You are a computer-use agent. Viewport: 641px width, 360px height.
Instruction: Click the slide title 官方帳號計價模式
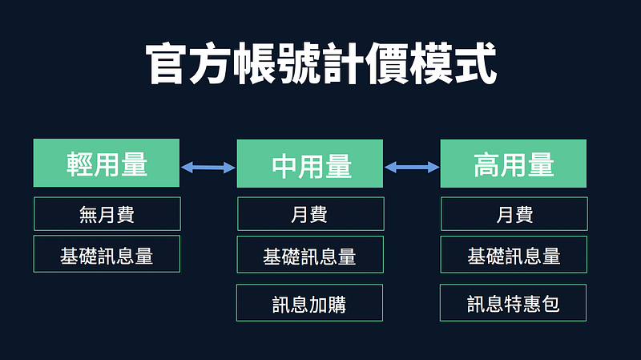(x=321, y=63)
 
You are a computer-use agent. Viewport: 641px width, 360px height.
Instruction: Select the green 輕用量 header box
(x=107, y=163)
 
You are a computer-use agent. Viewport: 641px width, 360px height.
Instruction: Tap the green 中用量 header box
(x=310, y=164)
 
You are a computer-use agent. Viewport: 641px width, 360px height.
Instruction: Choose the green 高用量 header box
(x=514, y=164)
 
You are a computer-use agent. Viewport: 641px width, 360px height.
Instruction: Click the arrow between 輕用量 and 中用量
(x=208, y=167)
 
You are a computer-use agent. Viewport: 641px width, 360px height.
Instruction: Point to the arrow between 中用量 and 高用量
(x=412, y=167)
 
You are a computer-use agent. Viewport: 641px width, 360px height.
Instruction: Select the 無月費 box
(x=107, y=214)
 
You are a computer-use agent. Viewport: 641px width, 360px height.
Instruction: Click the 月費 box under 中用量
(x=311, y=214)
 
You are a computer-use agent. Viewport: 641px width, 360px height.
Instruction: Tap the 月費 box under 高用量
(x=514, y=214)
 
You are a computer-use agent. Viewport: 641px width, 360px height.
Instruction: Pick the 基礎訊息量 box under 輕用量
(x=107, y=254)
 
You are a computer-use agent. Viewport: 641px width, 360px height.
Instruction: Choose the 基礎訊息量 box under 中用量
(x=310, y=254)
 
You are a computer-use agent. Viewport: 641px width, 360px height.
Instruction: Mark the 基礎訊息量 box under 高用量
(x=514, y=254)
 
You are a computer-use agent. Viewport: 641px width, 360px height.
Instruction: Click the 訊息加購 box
(x=310, y=303)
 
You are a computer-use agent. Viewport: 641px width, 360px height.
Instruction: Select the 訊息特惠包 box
(x=513, y=303)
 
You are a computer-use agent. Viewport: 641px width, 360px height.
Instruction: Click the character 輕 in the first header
(x=79, y=164)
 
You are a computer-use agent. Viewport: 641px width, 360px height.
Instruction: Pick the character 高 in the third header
(x=486, y=165)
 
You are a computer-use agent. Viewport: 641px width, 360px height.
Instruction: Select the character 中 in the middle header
(x=284, y=166)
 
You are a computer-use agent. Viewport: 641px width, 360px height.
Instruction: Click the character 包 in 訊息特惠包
(x=550, y=304)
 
